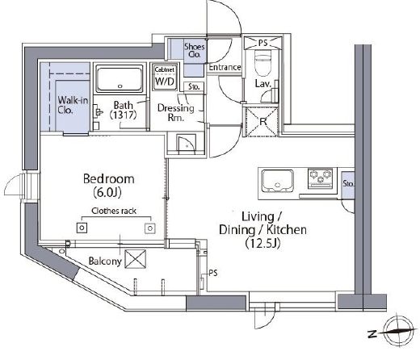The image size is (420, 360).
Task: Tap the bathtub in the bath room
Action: click(120, 78)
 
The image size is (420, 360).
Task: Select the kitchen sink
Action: click(277, 181)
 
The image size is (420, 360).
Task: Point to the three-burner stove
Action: click(321, 178)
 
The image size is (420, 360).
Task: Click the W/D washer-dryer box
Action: click(165, 77)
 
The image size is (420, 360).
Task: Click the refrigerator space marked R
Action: click(262, 122)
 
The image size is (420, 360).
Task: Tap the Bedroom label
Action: click(109, 179)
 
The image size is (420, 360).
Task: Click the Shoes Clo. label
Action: click(194, 50)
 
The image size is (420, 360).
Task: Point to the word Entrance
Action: click(225, 67)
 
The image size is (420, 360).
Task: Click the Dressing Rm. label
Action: click(175, 112)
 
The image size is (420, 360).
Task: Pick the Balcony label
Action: click(105, 261)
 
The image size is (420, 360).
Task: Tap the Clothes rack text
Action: click(114, 211)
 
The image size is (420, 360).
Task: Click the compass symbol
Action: click(397, 329)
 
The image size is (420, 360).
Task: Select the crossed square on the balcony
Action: click(136, 259)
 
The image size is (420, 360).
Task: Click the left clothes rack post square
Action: click(82, 228)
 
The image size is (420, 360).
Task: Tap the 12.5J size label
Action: click(262, 243)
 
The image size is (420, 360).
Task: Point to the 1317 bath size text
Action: click(123, 115)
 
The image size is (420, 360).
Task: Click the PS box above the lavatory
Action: click(262, 43)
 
